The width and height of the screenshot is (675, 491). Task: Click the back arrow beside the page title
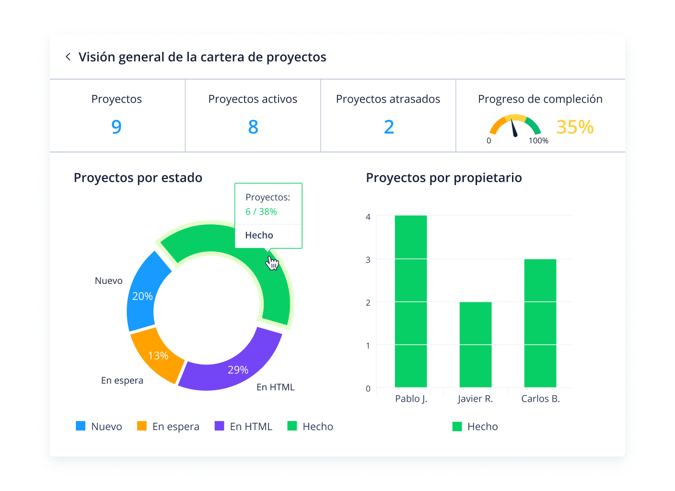click(68, 57)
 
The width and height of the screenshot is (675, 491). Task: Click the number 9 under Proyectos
click(116, 127)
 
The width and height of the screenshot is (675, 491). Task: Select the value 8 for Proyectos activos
click(253, 127)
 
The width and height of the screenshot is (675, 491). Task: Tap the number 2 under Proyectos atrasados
click(389, 127)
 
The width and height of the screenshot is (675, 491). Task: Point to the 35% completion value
click(575, 127)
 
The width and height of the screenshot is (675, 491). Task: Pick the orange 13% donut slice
click(156, 355)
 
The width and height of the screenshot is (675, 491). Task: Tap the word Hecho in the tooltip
click(259, 235)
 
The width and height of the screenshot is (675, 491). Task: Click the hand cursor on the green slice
click(272, 263)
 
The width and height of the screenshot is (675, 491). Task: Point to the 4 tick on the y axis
click(368, 217)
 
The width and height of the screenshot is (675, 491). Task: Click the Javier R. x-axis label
click(475, 399)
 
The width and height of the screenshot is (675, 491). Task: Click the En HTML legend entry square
click(220, 426)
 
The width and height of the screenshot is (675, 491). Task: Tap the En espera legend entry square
click(142, 426)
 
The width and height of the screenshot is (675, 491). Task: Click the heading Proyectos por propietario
click(443, 178)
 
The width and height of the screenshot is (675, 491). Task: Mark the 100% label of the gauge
click(538, 141)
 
